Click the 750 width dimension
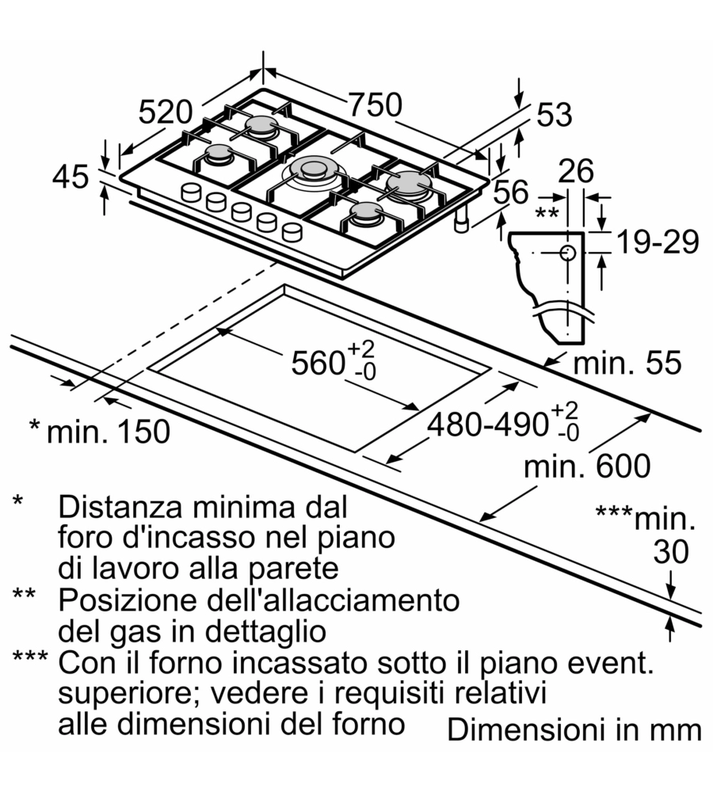pos(376,105)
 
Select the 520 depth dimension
pos(166,112)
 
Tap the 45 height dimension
pos(70,177)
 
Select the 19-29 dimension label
pos(658,242)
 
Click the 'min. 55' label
pos(627,364)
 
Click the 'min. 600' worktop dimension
pos(586,466)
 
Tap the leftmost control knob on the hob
pos(192,192)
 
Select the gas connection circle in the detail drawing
pos(567,253)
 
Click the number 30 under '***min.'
pos(670,552)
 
